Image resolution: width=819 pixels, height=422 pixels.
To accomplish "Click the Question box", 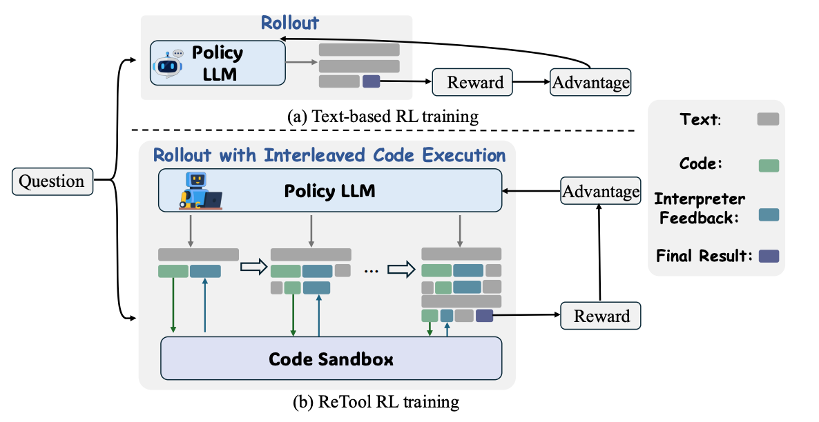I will click(x=52, y=181).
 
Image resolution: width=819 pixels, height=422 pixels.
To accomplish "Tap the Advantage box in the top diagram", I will click(x=590, y=83).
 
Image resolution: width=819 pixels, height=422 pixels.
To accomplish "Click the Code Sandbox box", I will click(x=331, y=358).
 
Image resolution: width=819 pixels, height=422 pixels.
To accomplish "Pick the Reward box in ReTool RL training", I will click(x=600, y=316).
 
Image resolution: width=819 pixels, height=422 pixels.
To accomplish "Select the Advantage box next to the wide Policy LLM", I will click(x=600, y=191).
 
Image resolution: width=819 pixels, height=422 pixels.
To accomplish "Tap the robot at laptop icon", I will click(x=200, y=192).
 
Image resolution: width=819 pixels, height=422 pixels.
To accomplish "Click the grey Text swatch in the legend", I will click(x=767, y=119).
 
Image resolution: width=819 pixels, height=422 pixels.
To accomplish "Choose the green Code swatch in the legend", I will click(x=767, y=165).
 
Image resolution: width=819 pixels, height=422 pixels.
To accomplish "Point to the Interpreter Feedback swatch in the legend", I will click(x=767, y=214).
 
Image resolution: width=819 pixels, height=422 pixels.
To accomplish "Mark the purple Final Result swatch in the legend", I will click(x=767, y=256).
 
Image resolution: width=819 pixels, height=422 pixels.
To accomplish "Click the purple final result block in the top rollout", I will click(x=371, y=82).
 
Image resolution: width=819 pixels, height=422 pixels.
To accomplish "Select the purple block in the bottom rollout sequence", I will click(x=484, y=316).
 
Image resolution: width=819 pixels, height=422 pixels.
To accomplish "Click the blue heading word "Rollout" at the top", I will click(x=290, y=23).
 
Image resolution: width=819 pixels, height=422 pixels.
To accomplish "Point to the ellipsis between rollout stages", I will click(x=371, y=270).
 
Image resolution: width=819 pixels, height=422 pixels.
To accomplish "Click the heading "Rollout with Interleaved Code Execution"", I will click(x=329, y=154).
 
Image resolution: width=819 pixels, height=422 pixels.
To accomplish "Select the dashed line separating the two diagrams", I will click(x=387, y=130).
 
